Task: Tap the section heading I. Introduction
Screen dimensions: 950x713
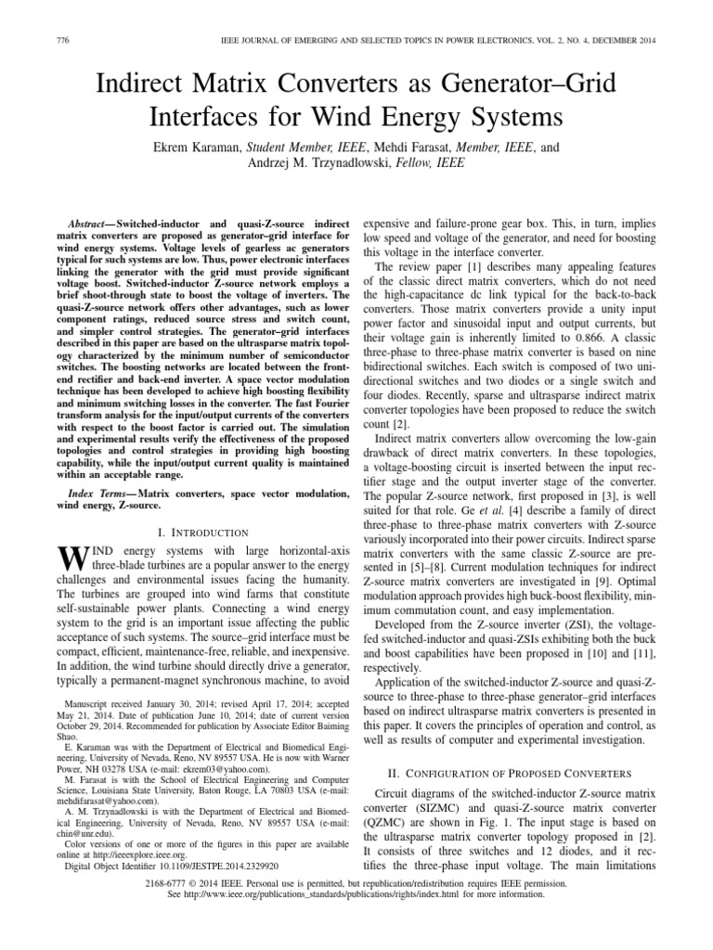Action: pos(200,532)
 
